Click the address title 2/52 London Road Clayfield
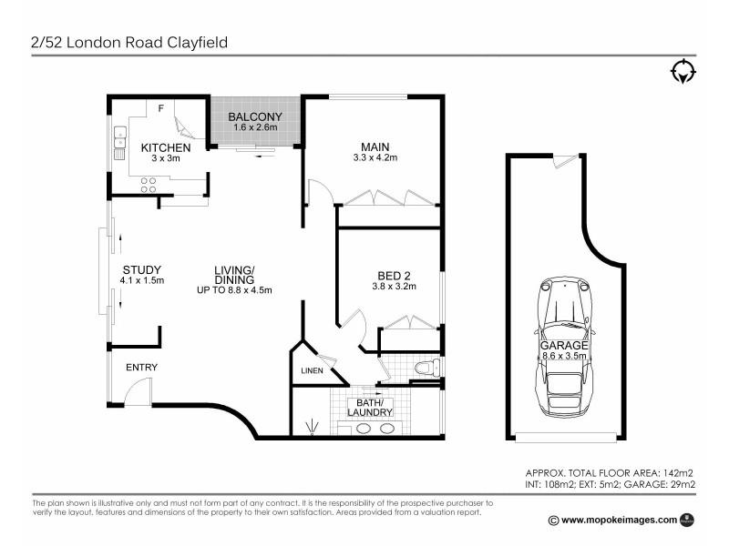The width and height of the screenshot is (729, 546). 128,42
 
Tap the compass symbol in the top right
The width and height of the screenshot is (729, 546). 683,72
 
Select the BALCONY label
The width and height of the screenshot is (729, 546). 255,116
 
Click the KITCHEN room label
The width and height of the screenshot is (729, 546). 165,147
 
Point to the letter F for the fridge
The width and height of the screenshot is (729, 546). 161,109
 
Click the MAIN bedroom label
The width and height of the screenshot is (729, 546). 375,147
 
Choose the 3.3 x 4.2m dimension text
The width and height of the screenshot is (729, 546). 375,158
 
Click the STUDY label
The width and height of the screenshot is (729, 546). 141,269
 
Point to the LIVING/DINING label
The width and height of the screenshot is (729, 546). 234,274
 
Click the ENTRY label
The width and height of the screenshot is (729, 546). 141,368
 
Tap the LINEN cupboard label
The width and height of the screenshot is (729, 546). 312,370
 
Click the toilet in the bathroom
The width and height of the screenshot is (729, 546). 425,369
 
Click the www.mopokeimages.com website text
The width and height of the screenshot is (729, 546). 620,520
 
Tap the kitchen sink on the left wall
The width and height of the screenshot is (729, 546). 118,141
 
